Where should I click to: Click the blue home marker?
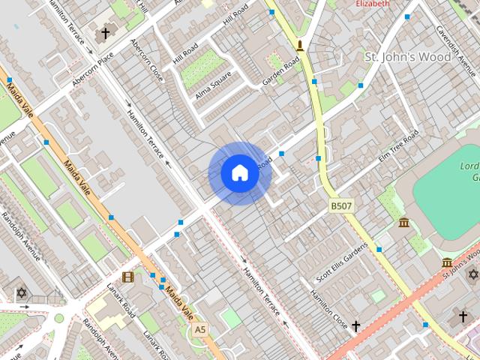(240, 173)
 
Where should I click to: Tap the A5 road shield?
(199, 329)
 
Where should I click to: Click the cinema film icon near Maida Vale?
(128, 277)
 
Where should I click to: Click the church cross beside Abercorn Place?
(106, 34)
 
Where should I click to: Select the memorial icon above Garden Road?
(300, 46)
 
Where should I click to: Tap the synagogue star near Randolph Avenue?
(21, 292)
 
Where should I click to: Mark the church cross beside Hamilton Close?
(356, 326)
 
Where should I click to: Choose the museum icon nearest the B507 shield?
(404, 223)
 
